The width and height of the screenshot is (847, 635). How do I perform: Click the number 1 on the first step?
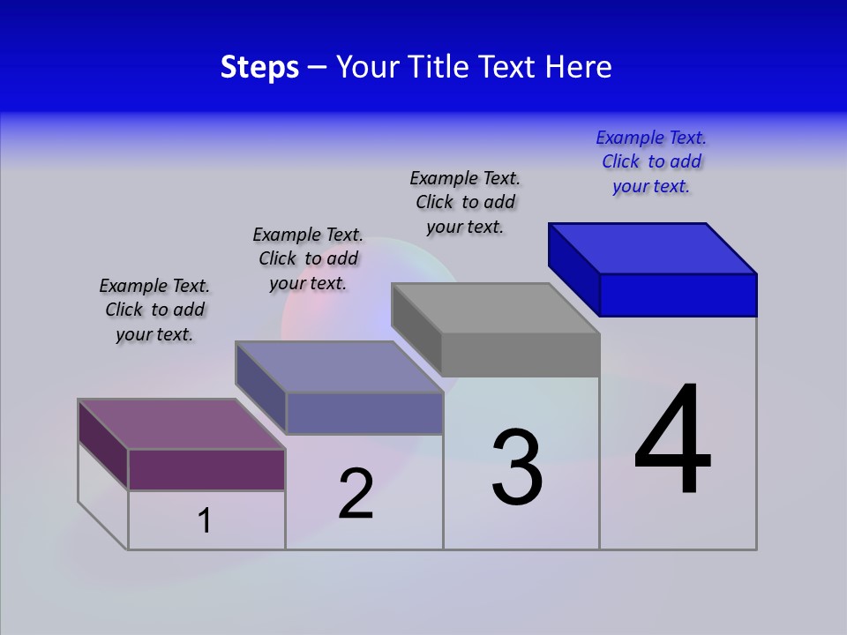(x=205, y=521)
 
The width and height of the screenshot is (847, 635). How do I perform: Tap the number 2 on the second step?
(x=356, y=494)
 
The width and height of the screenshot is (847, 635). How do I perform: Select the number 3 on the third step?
(x=517, y=467)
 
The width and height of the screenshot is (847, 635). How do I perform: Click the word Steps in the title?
(x=259, y=67)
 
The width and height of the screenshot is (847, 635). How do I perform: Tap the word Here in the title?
(x=579, y=67)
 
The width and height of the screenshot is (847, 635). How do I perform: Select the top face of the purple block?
(x=182, y=424)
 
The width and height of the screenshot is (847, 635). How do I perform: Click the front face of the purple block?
(x=206, y=469)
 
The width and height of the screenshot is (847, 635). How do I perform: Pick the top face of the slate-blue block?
(x=339, y=367)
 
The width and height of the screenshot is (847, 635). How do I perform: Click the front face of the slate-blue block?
(x=364, y=413)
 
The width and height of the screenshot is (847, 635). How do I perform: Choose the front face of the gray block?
(x=521, y=355)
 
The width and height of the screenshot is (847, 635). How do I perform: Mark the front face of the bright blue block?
(x=678, y=295)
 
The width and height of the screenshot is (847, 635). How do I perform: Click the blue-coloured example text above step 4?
(x=651, y=162)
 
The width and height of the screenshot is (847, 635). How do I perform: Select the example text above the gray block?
(x=465, y=203)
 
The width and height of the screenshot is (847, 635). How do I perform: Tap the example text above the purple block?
(x=154, y=310)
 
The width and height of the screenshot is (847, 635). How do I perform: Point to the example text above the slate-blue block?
(x=308, y=259)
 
